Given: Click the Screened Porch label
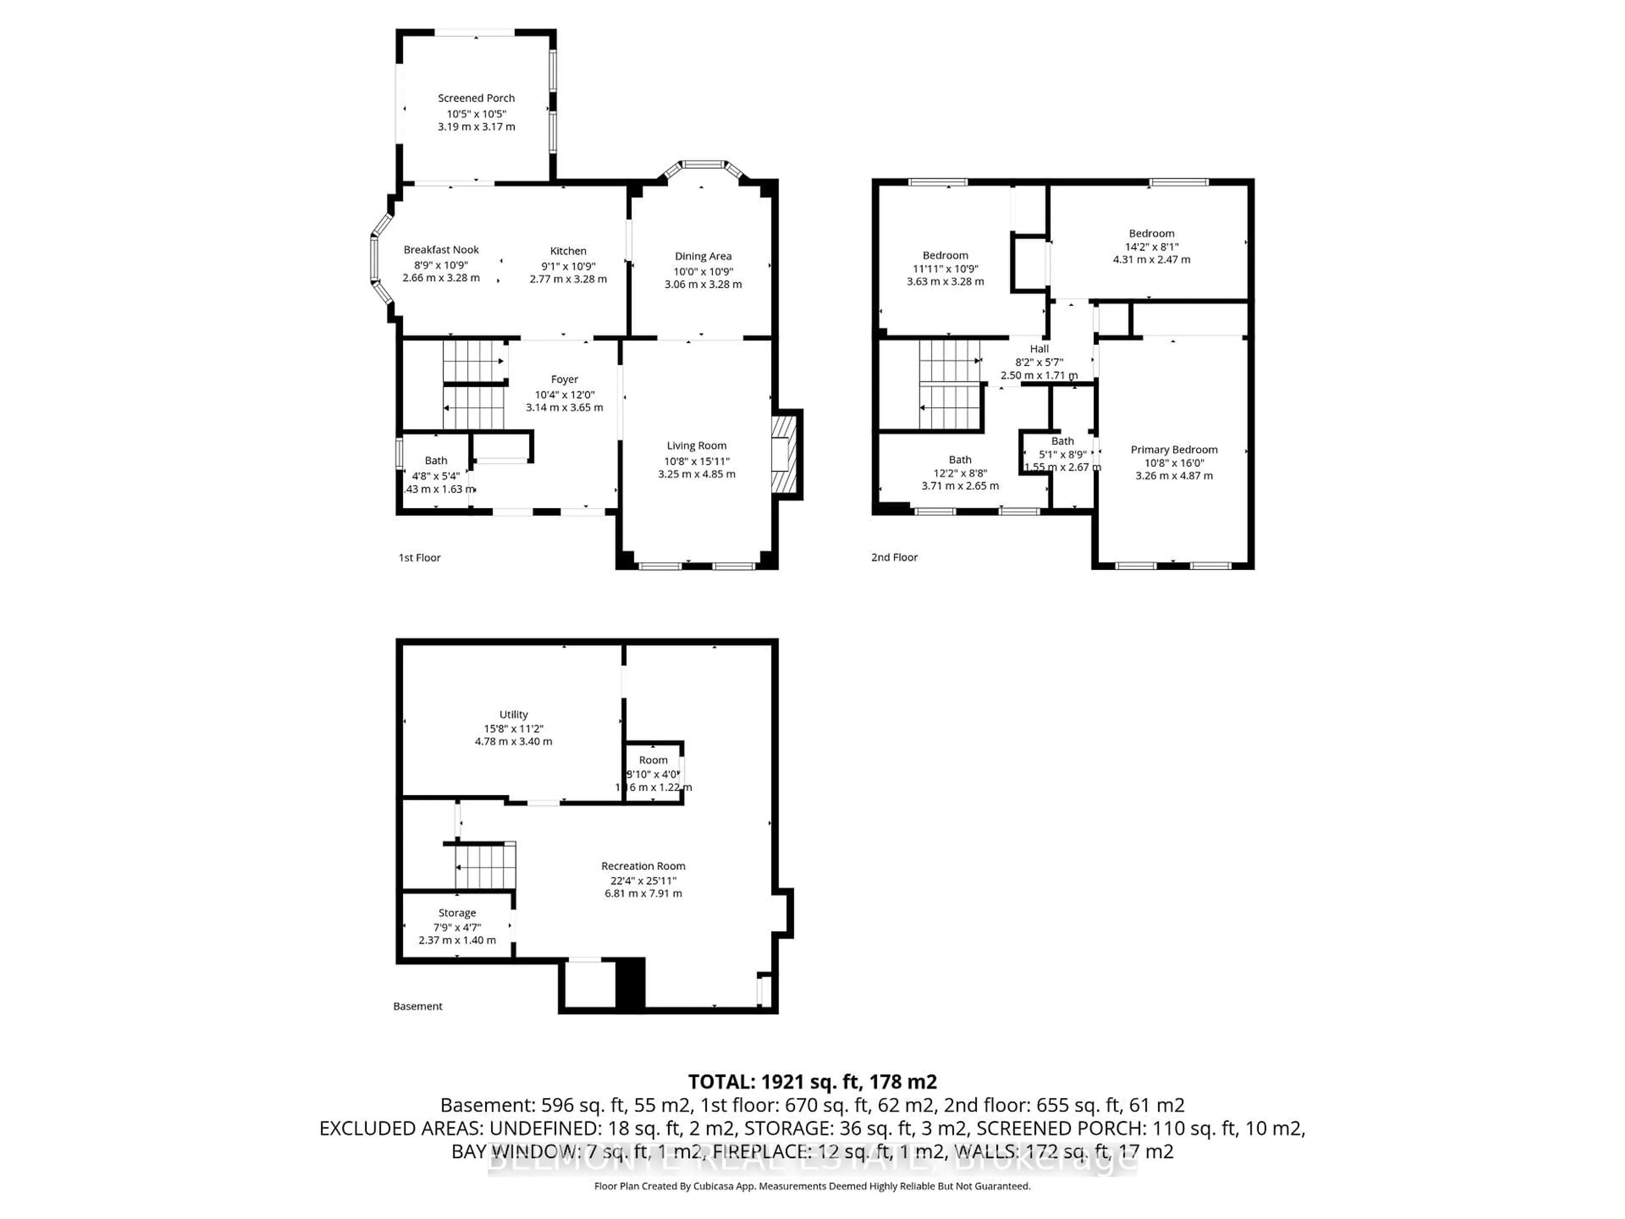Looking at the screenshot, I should point(476,98).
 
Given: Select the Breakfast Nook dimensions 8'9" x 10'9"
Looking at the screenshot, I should point(441,265).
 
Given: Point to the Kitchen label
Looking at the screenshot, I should point(568,251).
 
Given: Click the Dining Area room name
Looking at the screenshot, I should point(703,256).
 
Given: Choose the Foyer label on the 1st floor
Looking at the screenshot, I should point(564,379).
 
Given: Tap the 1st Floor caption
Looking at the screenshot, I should point(419,558).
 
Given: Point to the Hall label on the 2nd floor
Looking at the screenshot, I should point(1039,349).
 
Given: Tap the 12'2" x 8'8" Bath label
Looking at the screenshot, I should point(959,459).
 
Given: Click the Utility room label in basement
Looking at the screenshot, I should point(513,714).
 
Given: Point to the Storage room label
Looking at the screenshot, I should point(457,913).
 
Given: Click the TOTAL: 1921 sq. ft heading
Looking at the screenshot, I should point(812,1081).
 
